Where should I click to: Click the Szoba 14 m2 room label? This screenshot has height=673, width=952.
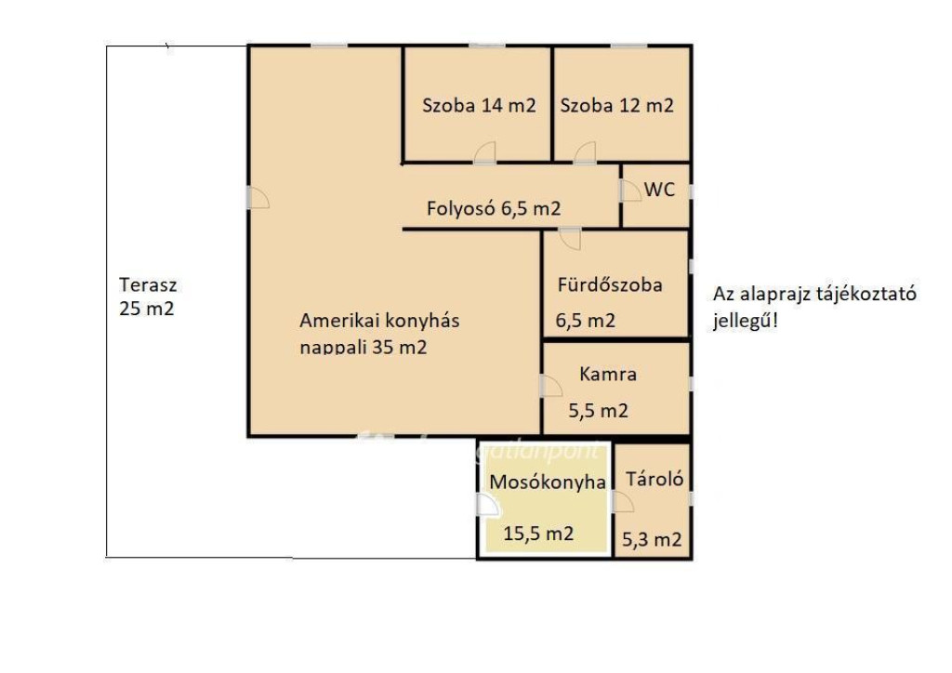(479, 106)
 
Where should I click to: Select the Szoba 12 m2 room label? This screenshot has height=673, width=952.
(617, 106)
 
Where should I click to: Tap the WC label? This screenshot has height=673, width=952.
(659, 190)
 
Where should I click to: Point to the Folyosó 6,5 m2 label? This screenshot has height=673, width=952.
(494, 209)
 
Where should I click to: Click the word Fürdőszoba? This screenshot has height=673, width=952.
(610, 284)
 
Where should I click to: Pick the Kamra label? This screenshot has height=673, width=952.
(608, 374)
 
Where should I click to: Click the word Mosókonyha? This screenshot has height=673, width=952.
(548, 482)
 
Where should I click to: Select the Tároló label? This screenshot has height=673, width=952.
(654, 479)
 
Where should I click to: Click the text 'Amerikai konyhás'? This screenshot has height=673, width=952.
(379, 321)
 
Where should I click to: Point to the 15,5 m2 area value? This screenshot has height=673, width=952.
(538, 534)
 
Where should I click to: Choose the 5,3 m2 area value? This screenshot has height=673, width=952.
(652, 539)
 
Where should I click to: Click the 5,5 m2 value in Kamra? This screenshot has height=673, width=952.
(598, 411)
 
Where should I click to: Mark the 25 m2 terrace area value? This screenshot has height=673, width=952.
(146, 309)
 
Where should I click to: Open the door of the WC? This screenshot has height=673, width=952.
(631, 191)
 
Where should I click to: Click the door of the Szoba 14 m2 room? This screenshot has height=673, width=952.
(484, 153)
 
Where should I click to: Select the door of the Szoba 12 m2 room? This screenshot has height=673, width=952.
(585, 153)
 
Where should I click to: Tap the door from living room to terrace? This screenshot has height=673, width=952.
(258, 197)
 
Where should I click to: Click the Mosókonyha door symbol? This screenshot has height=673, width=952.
(487, 506)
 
